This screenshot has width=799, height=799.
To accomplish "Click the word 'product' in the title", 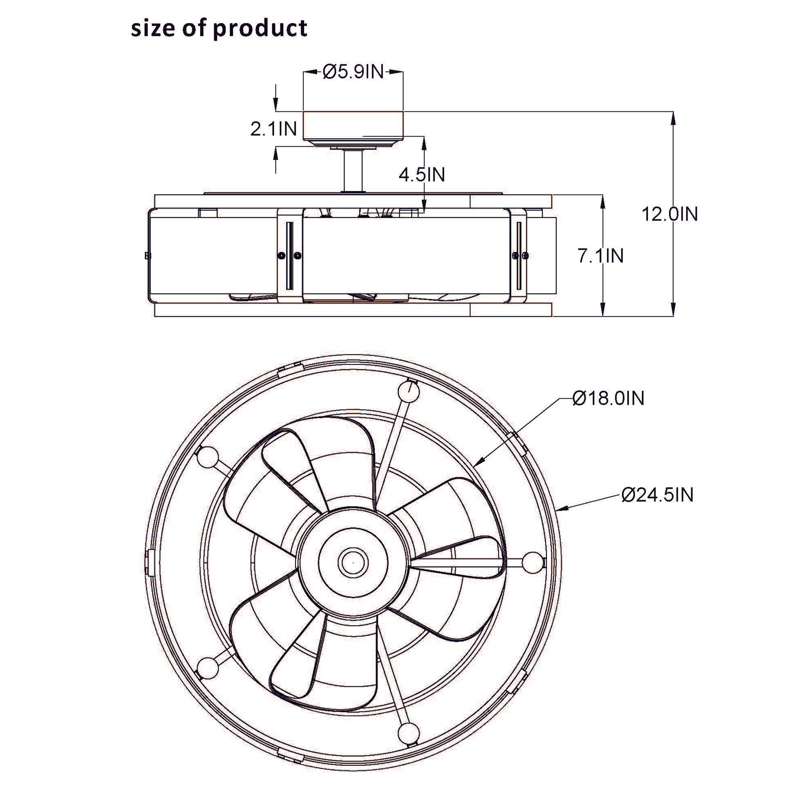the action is [x=260, y=29].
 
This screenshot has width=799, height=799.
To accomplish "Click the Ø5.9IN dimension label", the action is [x=353, y=72].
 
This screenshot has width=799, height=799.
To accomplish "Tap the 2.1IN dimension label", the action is [x=273, y=129].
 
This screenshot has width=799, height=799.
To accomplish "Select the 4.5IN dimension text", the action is [x=421, y=175].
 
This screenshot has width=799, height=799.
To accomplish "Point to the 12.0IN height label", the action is [x=670, y=214].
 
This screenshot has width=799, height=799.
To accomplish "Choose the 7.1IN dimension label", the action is [x=600, y=256].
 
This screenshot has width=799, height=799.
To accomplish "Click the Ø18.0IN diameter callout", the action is [x=608, y=398].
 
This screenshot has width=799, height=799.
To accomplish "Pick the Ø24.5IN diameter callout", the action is [x=657, y=495].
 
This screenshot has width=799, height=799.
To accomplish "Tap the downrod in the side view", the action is [x=353, y=171].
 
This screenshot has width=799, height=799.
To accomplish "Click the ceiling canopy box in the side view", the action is [x=353, y=125].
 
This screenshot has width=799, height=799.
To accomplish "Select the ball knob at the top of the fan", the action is [x=409, y=391].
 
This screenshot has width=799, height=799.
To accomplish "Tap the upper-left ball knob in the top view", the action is [x=208, y=457].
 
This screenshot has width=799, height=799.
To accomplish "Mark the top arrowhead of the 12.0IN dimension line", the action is [x=673, y=118].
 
